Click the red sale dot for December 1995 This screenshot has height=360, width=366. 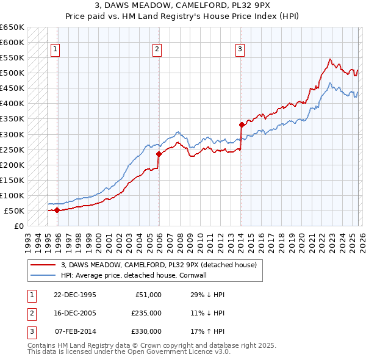point(57,211)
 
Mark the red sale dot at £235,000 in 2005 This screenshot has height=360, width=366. point(159,154)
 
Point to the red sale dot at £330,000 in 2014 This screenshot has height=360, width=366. point(242,125)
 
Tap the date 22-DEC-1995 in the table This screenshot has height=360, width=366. point(75,295)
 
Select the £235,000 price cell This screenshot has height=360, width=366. point(146,313)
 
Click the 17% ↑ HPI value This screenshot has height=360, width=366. point(207,331)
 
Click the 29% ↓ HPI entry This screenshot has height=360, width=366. point(207,295)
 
